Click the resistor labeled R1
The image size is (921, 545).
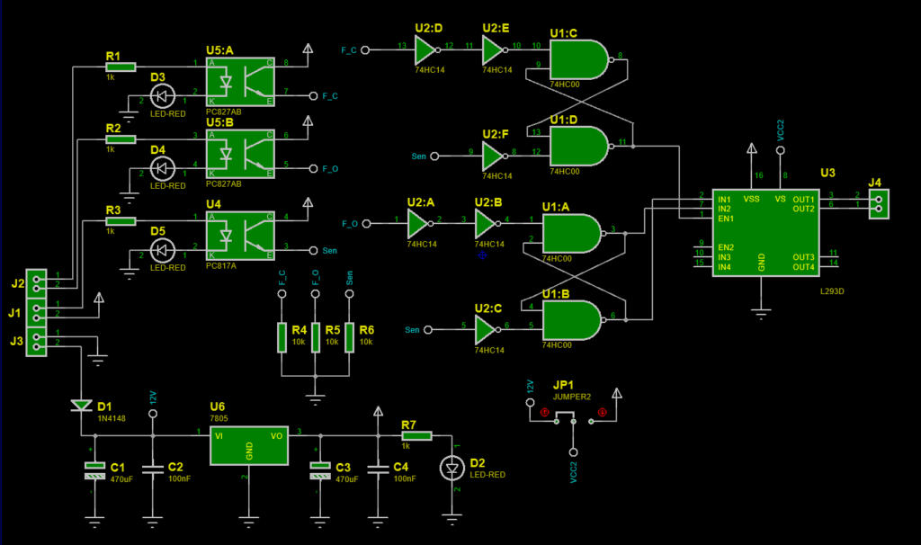(120, 66)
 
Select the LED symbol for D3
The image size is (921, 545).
(163, 94)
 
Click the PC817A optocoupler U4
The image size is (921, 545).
(240, 234)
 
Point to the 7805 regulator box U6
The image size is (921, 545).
(249, 446)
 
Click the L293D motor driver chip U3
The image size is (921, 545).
(762, 231)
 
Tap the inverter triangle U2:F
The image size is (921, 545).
(494, 156)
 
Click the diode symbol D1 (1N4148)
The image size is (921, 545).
(80, 406)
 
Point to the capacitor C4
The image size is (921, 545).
(377, 469)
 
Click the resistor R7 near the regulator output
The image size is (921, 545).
(416, 436)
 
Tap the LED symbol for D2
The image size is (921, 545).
(451, 469)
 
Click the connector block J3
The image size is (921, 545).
(37, 340)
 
